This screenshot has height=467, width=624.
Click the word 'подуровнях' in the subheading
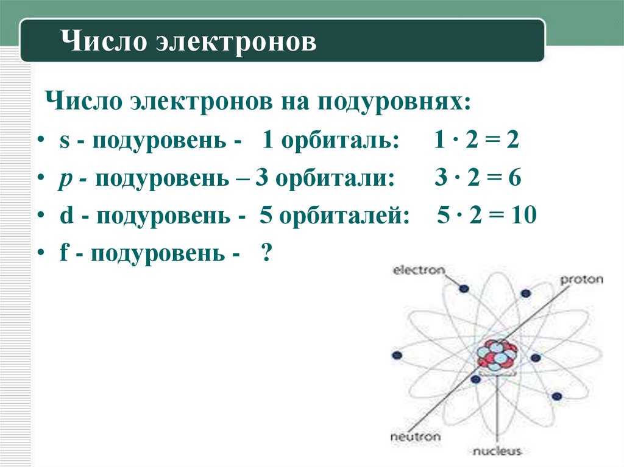[392, 101]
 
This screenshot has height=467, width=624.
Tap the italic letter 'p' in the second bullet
[65, 180]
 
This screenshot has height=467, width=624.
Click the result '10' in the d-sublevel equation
[523, 216]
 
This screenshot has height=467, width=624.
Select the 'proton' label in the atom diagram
[581, 280]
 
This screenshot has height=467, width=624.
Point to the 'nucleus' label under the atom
[497, 451]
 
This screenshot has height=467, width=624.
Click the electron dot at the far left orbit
[397, 355]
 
